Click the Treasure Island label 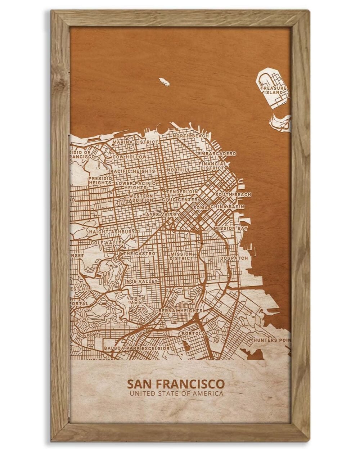[x=274, y=90]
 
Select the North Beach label [x=191, y=136]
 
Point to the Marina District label [x=135, y=143]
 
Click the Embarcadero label [x=217, y=153]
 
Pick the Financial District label [x=212, y=166]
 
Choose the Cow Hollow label [x=130, y=157]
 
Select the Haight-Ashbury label [x=113, y=232]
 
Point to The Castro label [x=139, y=254]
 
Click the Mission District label [x=181, y=256]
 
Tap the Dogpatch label [x=234, y=258]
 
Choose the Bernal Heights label [x=180, y=310]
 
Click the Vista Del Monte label [x=136, y=300]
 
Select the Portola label [x=194, y=333]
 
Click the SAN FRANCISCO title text [x=176, y=384]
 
